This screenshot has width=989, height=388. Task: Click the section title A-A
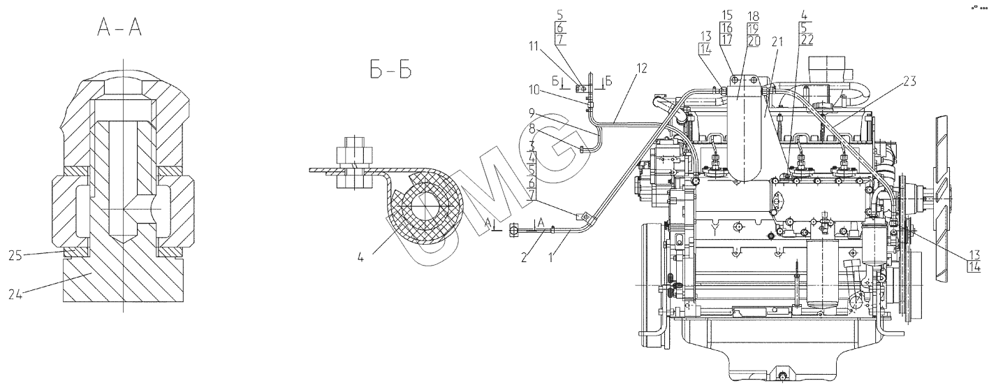point(119,29)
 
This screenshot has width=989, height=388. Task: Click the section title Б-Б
point(390,69)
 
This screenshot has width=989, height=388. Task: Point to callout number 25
point(15,255)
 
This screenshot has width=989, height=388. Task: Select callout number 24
point(15,294)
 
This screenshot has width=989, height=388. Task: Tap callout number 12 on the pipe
point(642,68)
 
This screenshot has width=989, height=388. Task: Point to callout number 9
point(532,113)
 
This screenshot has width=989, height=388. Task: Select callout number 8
point(532,129)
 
